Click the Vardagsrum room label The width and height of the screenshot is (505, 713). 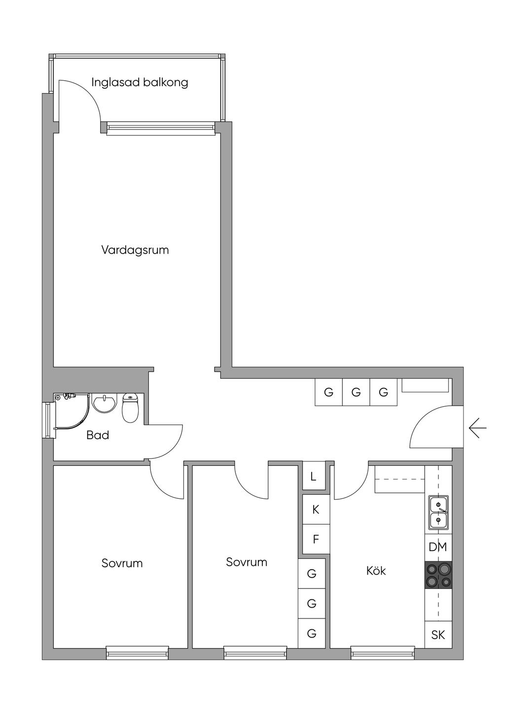pyautogui.click(x=135, y=250)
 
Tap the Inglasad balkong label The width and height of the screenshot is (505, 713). pyautogui.click(x=140, y=82)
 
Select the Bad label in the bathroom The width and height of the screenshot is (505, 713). pyautogui.click(x=98, y=435)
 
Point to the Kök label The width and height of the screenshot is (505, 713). pyautogui.click(x=376, y=571)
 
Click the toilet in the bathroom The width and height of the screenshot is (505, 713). pyautogui.click(x=130, y=408)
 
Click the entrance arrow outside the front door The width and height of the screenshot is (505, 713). pyautogui.click(x=477, y=427)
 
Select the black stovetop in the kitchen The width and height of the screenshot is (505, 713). pyautogui.click(x=438, y=575)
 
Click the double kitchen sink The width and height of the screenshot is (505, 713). pyautogui.click(x=438, y=512)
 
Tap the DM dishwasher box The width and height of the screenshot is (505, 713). pyautogui.click(x=438, y=547)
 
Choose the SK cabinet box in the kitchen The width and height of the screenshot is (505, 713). pyautogui.click(x=438, y=635)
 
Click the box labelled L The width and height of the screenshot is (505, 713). pyautogui.click(x=314, y=477)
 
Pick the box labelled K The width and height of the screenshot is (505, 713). pyautogui.click(x=316, y=509)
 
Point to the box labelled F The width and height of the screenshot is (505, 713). pyautogui.click(x=316, y=539)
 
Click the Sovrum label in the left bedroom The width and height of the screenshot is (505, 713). pyautogui.click(x=122, y=563)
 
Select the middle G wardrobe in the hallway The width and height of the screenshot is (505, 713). pyautogui.click(x=356, y=392)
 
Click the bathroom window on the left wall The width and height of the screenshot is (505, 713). pyautogui.click(x=47, y=419)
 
